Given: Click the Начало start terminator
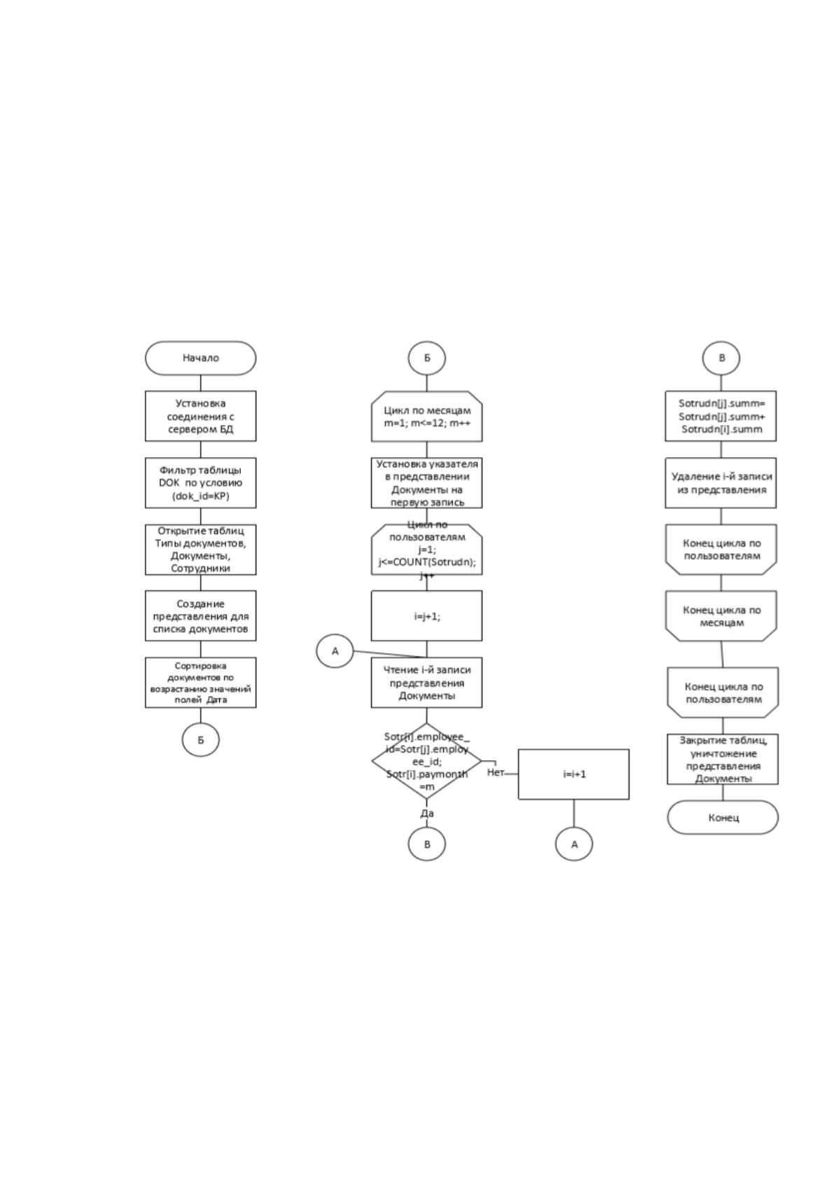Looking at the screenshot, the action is tap(200, 358).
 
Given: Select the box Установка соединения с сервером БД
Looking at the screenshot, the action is tap(200, 416).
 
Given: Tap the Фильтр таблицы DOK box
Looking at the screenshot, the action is tap(200, 482).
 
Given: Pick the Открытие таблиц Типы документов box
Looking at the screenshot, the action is tap(200, 550).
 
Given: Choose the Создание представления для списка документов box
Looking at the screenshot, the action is tap(200, 616).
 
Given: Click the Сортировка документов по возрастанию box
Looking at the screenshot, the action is tap(200, 683).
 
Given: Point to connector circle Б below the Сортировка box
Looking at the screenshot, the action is tap(200, 740).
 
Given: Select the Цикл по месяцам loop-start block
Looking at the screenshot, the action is tap(427, 417).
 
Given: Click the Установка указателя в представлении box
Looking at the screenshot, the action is tap(427, 482).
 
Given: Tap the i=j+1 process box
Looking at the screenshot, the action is tap(427, 616).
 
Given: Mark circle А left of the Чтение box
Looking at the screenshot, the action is tap(335, 651).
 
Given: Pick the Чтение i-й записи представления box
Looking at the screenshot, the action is tap(427, 683).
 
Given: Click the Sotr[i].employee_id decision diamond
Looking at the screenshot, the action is tap(427, 761).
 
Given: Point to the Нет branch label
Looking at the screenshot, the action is tap(496, 772).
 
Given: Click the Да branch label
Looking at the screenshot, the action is tap(427, 814).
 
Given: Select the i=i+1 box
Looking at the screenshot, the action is tap(574, 774).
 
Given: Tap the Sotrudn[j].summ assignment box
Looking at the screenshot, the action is tap(721, 416).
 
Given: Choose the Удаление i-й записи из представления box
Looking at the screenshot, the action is tap(721, 482).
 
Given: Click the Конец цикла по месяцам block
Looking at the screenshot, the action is tap(721, 616).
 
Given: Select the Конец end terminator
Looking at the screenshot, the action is tap(723, 818).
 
